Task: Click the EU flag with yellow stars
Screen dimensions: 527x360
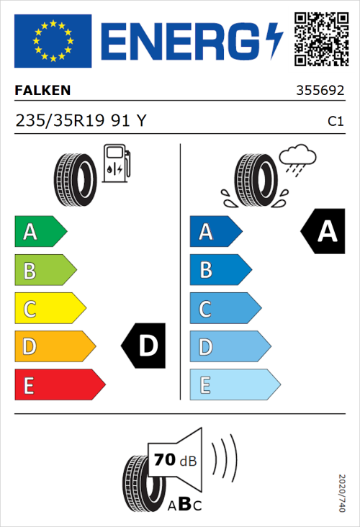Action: [53, 40]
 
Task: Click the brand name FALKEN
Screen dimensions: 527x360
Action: [42, 91]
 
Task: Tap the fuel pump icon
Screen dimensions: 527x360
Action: [116, 163]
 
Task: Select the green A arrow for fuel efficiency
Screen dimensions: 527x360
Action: [40, 232]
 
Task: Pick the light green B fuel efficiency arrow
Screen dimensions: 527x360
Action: [45, 271]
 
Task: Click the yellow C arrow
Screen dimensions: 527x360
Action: [50, 310]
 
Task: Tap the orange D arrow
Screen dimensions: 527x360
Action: [54, 348]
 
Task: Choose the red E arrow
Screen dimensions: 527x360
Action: [59, 386]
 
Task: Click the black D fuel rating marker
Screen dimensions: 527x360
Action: [145, 347]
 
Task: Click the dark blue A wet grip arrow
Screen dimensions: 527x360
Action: [215, 232]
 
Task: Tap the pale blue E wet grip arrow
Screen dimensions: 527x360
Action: [234, 386]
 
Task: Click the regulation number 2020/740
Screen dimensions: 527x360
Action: [341, 492]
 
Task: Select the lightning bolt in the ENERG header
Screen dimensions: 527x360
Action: [274, 41]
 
